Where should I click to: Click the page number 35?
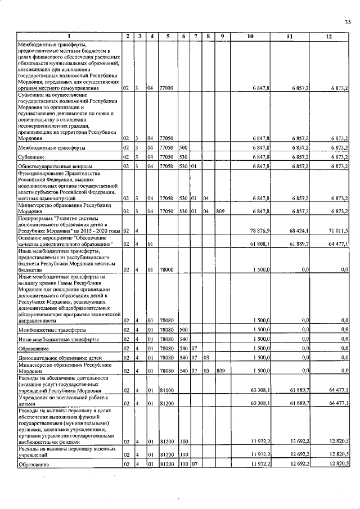[x=347, y=22]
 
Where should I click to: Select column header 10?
[x=251, y=37]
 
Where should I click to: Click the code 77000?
[x=166, y=88]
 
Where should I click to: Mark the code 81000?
[x=166, y=390]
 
